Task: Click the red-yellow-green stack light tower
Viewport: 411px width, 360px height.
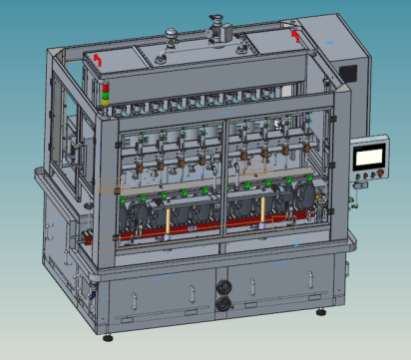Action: [105, 94]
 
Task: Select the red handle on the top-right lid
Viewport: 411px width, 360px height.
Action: [294, 35]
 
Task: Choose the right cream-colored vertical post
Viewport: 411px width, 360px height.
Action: [262, 209]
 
